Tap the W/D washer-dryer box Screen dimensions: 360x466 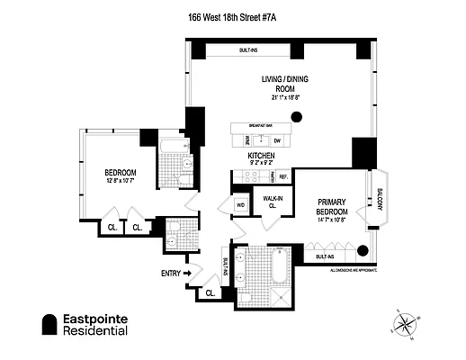241,205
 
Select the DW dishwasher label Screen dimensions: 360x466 277,139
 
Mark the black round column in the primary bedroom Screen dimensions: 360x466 363,250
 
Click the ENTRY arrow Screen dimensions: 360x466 188,273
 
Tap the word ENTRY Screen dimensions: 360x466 170,273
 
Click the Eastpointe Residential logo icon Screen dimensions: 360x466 49,324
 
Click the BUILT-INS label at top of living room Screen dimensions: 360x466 246,49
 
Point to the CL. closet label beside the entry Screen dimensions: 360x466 210,292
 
